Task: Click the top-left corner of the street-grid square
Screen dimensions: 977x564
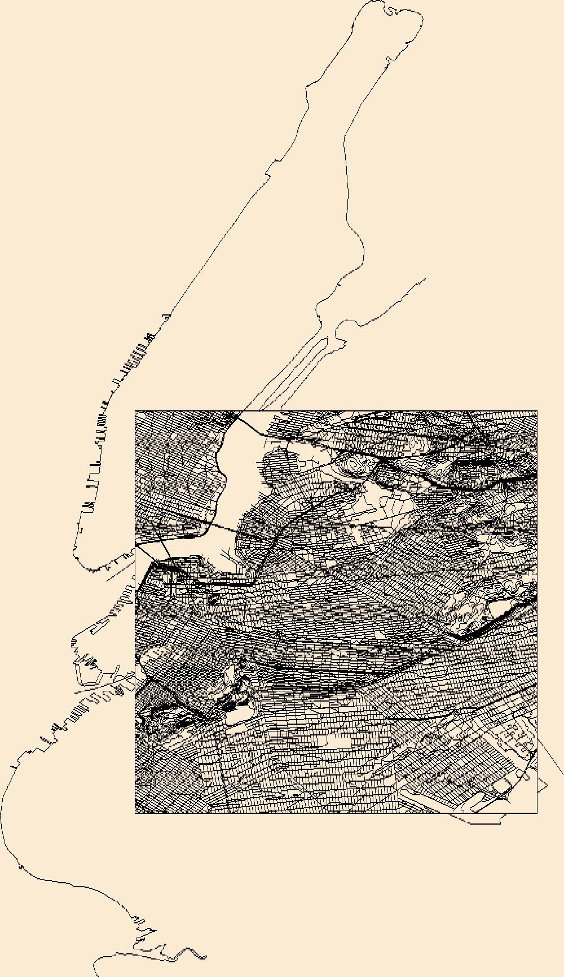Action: point(135,411)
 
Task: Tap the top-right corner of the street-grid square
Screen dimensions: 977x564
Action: point(537,411)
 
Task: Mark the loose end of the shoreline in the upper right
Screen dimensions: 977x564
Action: point(425,278)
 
